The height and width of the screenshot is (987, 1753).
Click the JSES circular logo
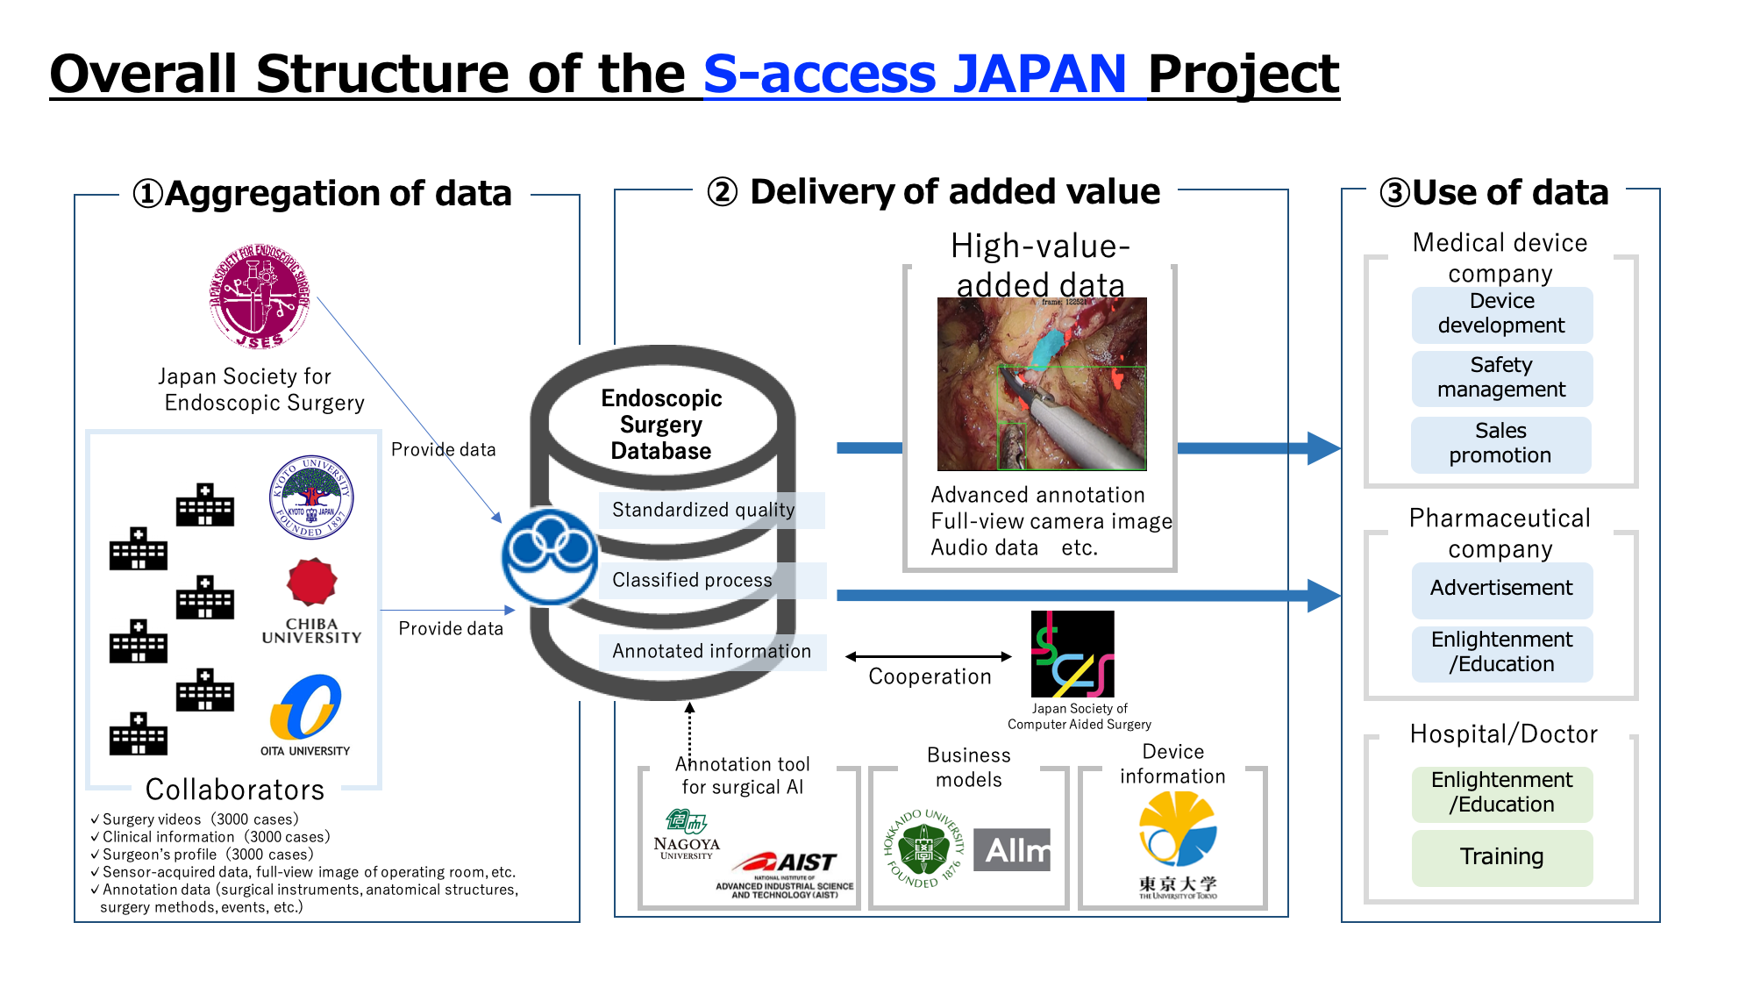[x=260, y=297]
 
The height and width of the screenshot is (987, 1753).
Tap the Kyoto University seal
[x=311, y=497]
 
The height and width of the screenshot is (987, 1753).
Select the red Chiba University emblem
[x=311, y=583]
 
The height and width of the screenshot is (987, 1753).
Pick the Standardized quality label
[x=703, y=510]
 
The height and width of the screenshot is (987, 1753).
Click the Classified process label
[x=693, y=580]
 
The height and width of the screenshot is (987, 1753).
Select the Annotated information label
[x=711, y=651]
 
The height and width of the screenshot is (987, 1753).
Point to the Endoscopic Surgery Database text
[x=661, y=425]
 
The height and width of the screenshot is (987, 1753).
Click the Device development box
[x=1501, y=314]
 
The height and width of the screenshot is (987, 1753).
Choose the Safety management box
[x=1501, y=378]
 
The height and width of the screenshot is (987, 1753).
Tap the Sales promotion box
[x=1500, y=444]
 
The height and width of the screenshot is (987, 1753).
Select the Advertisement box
[x=1501, y=589]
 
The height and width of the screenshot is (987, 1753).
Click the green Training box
[x=1501, y=857]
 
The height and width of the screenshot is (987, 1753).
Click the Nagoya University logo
[x=687, y=834]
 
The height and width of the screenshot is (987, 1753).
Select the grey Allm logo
[x=1013, y=850]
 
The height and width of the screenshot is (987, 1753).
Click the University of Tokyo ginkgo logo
[x=1177, y=829]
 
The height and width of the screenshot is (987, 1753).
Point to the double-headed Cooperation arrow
[x=928, y=656]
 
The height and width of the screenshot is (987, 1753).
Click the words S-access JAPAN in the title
[x=915, y=74]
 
